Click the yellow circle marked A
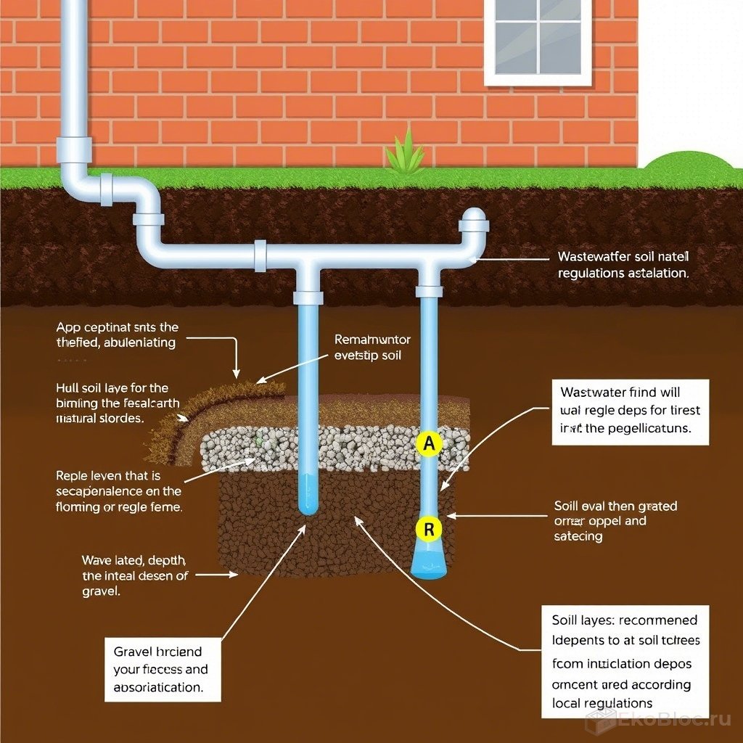click(x=428, y=445)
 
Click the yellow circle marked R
click(x=429, y=530)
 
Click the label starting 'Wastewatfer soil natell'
click(x=623, y=265)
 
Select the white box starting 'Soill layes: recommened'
click(x=620, y=661)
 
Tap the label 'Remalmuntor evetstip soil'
click(x=372, y=348)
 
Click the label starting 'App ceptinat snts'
click(x=117, y=335)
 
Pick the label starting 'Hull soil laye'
click(x=112, y=403)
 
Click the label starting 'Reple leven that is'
click(x=119, y=491)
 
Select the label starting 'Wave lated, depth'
click(x=135, y=575)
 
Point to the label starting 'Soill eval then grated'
click(x=615, y=520)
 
